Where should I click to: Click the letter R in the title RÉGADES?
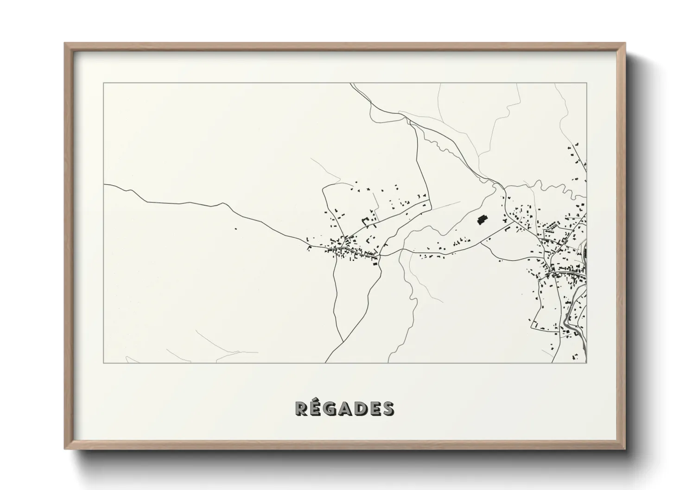click(302, 408)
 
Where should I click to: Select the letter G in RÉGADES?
click(331, 408)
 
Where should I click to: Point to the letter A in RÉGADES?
click(347, 408)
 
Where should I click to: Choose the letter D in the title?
click(361, 408)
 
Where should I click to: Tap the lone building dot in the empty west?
click(235, 228)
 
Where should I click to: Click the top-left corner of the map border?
click(104, 83)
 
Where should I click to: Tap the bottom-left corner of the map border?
click(104, 363)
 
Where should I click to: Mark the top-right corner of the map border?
click(586, 83)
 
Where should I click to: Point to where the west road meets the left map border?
click(104, 184)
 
